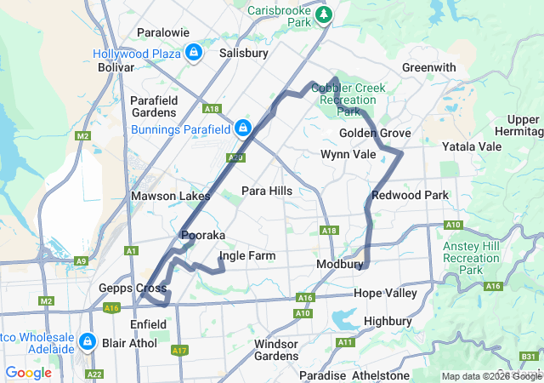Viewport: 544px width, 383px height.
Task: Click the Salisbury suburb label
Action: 244,53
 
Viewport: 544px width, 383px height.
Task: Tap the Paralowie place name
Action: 164,34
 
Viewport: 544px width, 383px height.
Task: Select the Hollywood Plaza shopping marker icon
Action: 195,53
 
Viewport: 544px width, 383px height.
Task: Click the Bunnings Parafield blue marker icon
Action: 243,129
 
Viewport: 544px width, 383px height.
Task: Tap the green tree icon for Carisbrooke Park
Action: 323,15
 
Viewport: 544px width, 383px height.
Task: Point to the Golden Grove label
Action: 375,134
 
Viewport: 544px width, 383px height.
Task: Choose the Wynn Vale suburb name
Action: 348,154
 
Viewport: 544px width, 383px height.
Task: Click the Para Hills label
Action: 267,191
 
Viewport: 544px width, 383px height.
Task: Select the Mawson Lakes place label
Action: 170,196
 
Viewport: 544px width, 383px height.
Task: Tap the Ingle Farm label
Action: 246,255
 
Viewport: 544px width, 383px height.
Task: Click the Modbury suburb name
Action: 340,265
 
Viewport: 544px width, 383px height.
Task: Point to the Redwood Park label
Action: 410,195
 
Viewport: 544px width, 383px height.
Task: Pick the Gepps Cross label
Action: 133,288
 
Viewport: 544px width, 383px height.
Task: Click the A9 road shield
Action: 81,261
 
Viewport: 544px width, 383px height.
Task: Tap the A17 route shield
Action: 179,350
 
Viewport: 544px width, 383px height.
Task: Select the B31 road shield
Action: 528,356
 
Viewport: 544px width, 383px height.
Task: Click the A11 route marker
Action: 344,342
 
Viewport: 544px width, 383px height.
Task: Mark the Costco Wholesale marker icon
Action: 87,341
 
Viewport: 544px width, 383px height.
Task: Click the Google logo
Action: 28,372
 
